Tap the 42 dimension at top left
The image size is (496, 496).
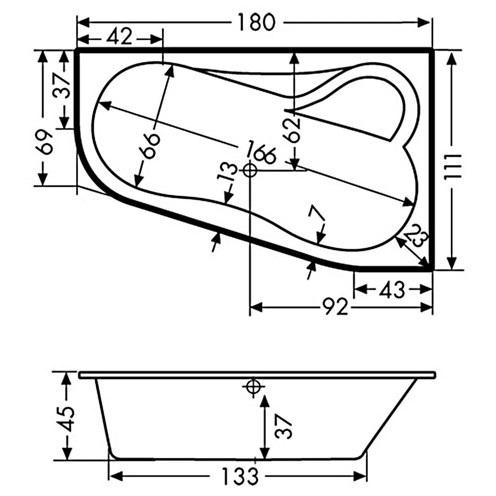[x=119, y=36]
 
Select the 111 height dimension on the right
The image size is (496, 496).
[x=453, y=167]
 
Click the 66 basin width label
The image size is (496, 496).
[x=151, y=145]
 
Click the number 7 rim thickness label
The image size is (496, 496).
[x=316, y=213]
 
